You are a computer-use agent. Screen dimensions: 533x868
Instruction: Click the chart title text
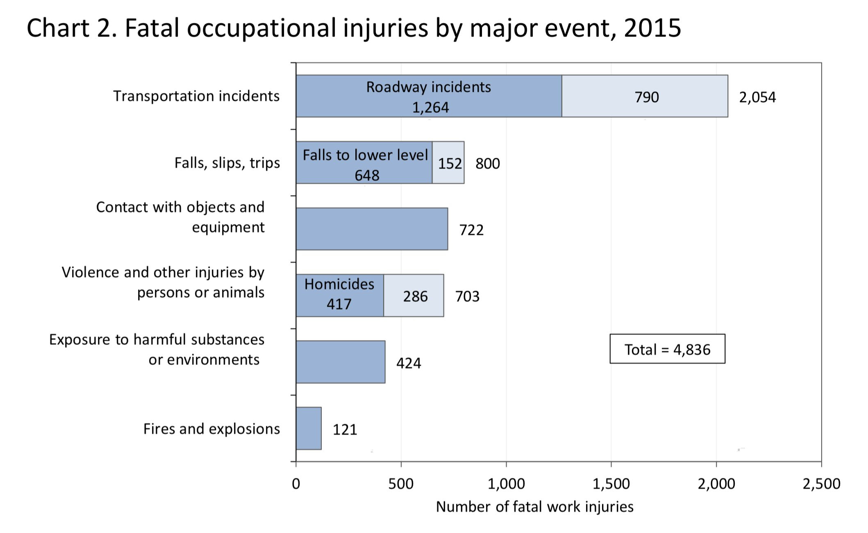point(354,28)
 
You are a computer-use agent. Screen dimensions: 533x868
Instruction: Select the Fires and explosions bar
point(309,428)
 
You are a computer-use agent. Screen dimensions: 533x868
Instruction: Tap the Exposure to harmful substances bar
point(340,362)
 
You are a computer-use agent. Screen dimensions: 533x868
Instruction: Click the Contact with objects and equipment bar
point(371,229)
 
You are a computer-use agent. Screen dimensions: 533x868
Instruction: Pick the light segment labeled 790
point(645,96)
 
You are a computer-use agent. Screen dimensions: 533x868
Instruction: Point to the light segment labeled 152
point(449,163)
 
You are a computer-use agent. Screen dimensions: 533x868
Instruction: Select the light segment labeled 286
point(414,296)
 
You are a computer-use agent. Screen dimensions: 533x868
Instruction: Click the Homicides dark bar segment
point(339,295)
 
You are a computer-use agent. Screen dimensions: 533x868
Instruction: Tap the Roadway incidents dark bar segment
point(428,96)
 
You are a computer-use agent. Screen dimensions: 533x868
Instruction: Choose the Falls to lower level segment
point(364,163)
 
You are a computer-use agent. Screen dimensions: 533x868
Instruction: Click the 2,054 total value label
point(757,97)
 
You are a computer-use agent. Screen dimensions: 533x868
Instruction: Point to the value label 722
point(471,230)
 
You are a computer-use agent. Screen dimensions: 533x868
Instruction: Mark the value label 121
point(345,429)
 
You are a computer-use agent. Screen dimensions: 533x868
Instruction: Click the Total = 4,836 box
point(667,349)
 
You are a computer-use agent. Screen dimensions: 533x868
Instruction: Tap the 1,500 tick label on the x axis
point(611,484)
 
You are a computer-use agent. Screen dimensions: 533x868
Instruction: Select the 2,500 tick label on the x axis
point(821,484)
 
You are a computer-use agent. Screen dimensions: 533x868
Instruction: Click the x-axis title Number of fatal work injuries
point(534,507)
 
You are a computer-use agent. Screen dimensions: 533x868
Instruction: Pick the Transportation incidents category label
point(196,96)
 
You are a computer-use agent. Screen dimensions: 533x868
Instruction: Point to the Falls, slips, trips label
point(227,163)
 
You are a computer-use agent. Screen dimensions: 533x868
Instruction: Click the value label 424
point(409,363)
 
